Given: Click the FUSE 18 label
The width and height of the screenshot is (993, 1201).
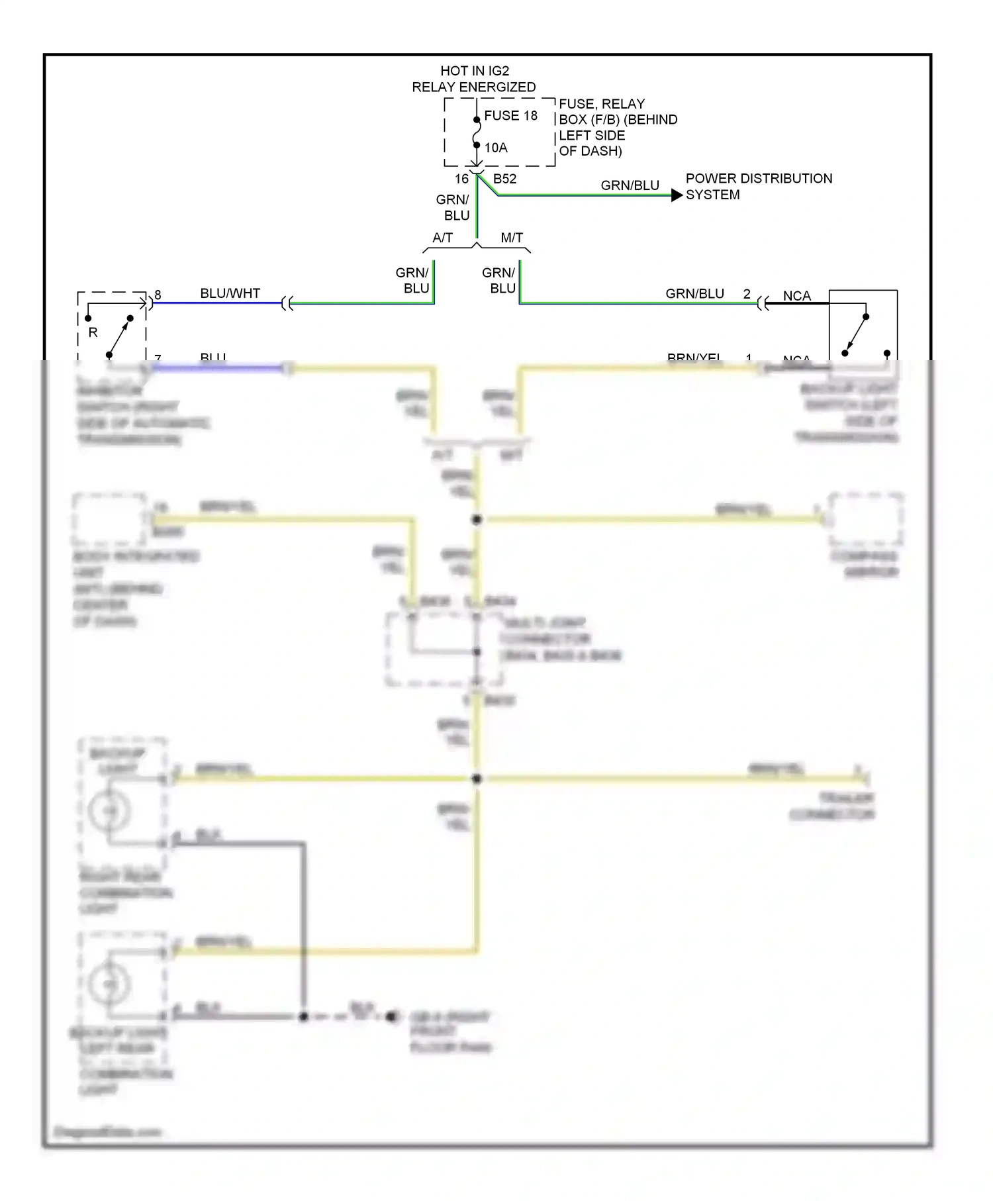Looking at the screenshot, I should click(x=510, y=116).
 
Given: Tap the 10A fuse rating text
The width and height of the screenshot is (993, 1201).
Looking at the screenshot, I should click(x=496, y=148).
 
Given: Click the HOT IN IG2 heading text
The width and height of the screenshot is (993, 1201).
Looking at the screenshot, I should click(x=475, y=71).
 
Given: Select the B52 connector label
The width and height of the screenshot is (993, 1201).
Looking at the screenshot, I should click(x=504, y=179).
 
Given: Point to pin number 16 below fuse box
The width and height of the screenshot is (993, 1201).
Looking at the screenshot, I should click(x=461, y=179).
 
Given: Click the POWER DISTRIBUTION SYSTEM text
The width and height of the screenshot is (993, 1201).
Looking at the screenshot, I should click(x=758, y=186).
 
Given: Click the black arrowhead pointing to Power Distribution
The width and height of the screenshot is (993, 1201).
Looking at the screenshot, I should click(x=677, y=195).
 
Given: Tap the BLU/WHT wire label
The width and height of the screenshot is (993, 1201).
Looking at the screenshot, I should click(x=230, y=293).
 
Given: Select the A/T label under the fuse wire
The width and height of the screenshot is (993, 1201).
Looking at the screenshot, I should click(x=442, y=238).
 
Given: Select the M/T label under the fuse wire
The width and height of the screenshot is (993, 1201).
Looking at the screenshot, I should click(x=512, y=238).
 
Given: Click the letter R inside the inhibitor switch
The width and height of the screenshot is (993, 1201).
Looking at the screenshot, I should click(x=93, y=332).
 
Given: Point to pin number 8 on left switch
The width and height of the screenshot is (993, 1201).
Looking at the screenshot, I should click(x=158, y=295).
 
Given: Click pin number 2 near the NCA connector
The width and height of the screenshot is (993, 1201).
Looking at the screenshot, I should click(x=747, y=294).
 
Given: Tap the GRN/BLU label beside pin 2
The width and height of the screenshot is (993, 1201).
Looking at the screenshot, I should click(x=694, y=293).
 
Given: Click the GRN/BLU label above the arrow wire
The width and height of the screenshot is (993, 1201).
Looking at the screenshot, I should click(x=630, y=185).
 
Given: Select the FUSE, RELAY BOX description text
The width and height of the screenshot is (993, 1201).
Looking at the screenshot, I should click(x=617, y=127).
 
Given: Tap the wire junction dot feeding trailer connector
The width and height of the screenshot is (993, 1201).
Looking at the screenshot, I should click(x=477, y=779).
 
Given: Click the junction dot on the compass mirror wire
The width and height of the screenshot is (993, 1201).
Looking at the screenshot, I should click(x=477, y=520).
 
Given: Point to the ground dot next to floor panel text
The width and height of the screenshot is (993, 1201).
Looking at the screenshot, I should click(x=391, y=1016).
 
